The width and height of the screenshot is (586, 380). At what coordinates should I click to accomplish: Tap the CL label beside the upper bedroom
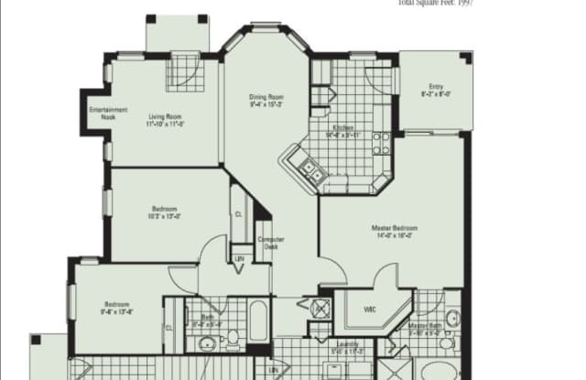237,213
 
